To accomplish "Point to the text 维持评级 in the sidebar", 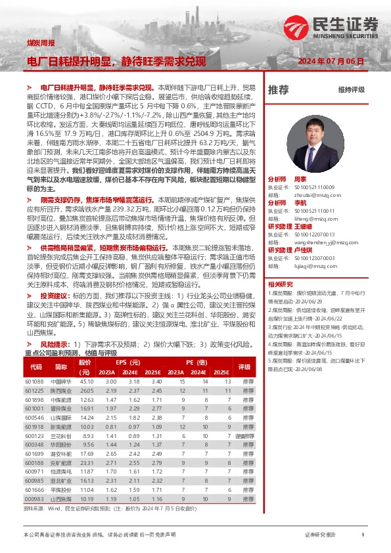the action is coord(351,90).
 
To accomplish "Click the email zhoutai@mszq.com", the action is coord(313,195).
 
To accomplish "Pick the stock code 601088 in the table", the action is coord(34,382).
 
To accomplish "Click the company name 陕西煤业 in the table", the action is coord(60,391).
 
